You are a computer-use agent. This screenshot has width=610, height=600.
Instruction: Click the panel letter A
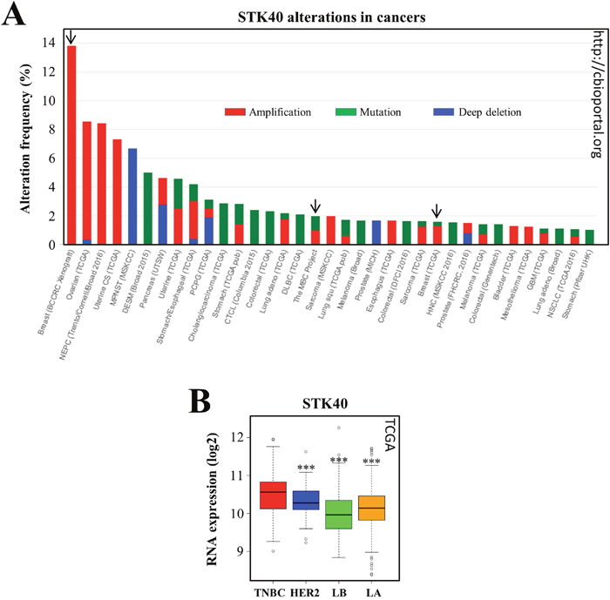(14, 16)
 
